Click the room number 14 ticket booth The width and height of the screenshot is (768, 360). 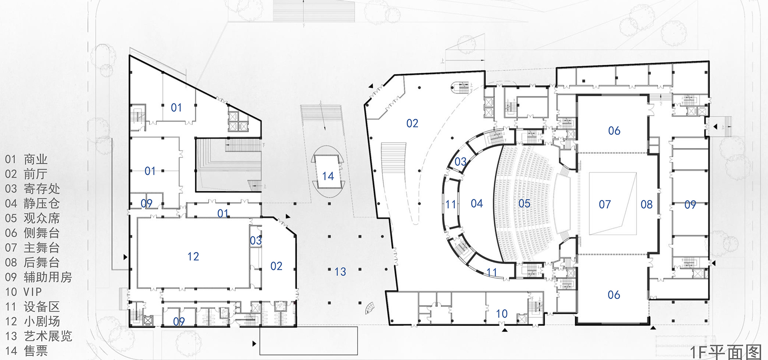click(328, 176)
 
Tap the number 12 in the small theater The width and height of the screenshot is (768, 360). click(193, 256)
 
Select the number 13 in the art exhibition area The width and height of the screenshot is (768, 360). click(340, 272)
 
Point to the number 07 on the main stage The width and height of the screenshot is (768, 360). click(605, 205)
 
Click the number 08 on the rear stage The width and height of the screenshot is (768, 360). click(646, 205)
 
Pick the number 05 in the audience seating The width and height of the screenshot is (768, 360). click(524, 204)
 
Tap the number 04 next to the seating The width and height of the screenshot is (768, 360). click(477, 204)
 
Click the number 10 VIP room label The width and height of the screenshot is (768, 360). click(502, 314)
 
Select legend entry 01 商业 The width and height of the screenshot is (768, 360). click(26, 160)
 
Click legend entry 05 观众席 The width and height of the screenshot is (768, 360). click(32, 218)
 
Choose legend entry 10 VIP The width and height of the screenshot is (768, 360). click(23, 292)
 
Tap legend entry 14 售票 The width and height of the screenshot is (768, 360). click(26, 351)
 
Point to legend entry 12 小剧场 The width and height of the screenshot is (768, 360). click(32, 322)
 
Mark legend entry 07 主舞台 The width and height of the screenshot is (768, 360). click(32, 248)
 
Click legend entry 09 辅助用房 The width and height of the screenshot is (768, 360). click(38, 277)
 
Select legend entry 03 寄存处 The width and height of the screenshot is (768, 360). click(32, 189)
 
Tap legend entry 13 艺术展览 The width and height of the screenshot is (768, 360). click(38, 336)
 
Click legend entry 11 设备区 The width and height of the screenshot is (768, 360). click(32, 307)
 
